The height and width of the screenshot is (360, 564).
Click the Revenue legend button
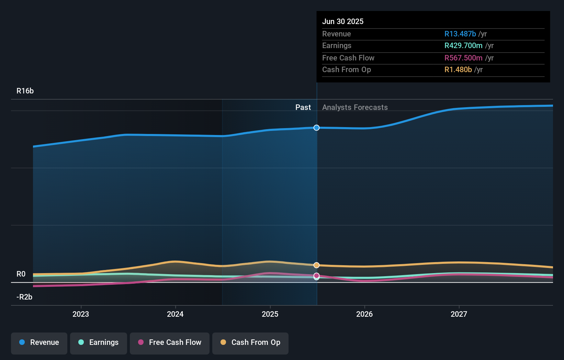pos(39,343)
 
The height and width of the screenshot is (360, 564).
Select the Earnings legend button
pos(99,343)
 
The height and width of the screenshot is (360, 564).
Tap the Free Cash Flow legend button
pos(170,343)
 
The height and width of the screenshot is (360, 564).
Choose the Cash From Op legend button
pos(250,343)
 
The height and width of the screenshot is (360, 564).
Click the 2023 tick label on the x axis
pos(81,314)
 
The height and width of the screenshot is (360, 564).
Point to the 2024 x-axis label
pos(175,314)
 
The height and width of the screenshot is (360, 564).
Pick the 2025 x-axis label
pos(270,314)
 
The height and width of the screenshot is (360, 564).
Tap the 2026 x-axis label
pos(364,314)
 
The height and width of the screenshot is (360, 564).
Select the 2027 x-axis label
pos(459,314)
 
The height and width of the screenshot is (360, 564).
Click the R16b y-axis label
pos(25,91)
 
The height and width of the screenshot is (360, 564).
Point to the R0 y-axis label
pos(21,274)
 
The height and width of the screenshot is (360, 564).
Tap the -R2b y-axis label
pos(24,297)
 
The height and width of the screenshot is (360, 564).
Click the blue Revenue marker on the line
pos(316,128)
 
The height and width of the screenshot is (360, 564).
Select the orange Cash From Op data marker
pos(316,265)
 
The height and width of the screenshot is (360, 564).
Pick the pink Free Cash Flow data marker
pos(316,275)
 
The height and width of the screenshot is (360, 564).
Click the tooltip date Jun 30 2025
pos(343,21)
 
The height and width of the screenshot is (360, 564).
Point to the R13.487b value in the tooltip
pos(460,34)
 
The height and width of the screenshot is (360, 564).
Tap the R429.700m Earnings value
pos(463,45)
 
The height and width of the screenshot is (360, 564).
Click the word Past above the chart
pos(303,108)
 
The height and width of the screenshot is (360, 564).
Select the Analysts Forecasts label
pos(355,108)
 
